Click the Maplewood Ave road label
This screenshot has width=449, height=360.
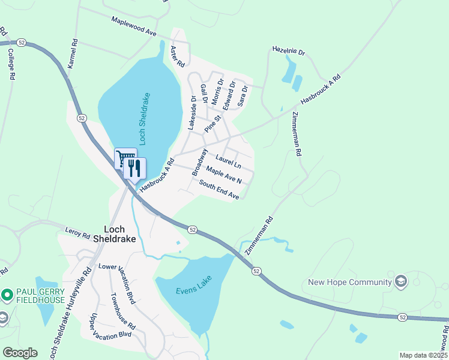133,26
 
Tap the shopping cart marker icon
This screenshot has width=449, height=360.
125,159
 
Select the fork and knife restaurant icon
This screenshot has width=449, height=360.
134,167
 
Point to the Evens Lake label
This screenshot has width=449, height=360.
191,292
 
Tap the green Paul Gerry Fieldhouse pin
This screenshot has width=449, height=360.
7,295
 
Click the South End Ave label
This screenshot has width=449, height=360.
219,191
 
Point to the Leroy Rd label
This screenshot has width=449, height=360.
77,229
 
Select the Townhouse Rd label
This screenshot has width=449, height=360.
123,311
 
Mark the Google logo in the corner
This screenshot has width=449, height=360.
20,353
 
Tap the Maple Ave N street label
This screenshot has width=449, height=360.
224,176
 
